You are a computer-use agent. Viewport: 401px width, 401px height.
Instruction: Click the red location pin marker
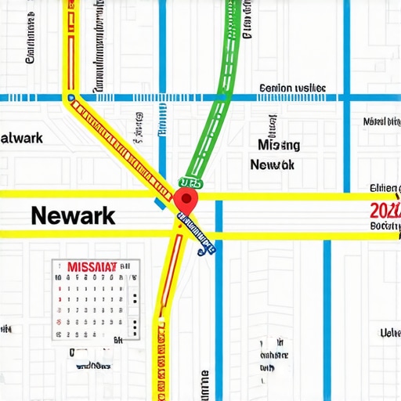(186, 199)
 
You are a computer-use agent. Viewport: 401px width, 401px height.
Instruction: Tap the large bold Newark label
(73, 215)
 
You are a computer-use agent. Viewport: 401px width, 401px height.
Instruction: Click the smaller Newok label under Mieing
(272, 165)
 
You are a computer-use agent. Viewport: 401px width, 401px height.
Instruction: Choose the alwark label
(21, 139)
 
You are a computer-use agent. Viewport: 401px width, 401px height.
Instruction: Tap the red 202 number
(384, 210)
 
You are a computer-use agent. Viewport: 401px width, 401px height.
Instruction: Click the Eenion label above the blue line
(292, 89)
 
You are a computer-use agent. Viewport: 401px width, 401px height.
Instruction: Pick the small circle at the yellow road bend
(71, 99)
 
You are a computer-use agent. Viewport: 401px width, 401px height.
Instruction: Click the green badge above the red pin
(191, 182)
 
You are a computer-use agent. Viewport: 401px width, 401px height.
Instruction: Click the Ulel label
(389, 334)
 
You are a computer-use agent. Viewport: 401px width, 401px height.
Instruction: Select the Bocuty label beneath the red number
(385, 226)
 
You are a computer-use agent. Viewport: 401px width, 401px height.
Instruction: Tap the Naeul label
(381, 122)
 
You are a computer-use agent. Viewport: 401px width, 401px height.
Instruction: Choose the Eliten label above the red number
(385, 189)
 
